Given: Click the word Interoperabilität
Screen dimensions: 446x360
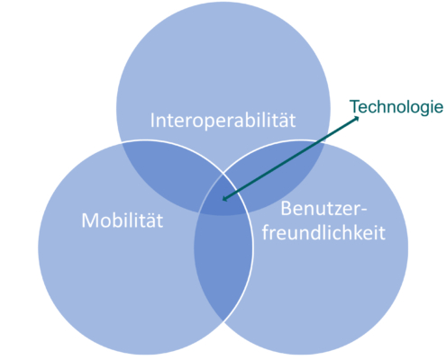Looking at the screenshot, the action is (x=223, y=121).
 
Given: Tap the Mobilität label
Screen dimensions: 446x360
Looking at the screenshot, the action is (x=123, y=220).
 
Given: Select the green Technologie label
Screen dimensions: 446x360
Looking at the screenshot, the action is (x=396, y=107).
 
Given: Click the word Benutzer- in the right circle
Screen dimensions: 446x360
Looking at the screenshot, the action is (x=323, y=209).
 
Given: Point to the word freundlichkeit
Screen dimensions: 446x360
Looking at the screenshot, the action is (x=323, y=232).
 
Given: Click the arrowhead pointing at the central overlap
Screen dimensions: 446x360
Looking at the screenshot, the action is (x=224, y=198).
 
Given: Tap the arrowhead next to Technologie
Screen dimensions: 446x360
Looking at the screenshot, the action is (x=356, y=119).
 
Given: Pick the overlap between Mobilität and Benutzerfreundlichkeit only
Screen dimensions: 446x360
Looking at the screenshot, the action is (x=223, y=264).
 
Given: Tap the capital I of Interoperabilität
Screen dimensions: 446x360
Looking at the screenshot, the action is (x=152, y=121).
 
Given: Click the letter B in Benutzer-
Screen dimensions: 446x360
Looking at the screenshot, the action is (x=287, y=209).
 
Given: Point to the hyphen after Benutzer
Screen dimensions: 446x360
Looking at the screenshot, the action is (x=363, y=211).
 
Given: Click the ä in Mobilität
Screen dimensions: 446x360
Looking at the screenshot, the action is (x=150, y=220).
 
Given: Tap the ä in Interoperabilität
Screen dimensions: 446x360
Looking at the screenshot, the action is (x=282, y=121).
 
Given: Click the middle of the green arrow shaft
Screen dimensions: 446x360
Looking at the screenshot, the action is (x=290, y=158).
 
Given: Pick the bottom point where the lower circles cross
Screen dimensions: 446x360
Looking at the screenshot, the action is (x=223, y=321).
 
